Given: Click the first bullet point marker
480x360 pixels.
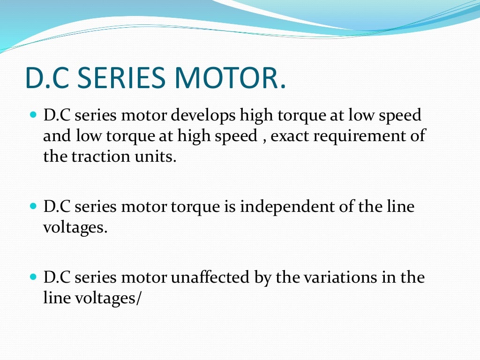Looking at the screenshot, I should pyautogui.click(x=33, y=114).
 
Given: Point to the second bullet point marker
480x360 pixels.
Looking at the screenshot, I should pyautogui.click(x=33, y=206).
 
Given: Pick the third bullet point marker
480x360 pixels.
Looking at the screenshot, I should pyautogui.click(x=33, y=277).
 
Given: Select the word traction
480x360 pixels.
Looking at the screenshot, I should pyautogui.click(x=97, y=157).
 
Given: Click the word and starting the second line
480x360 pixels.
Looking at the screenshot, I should pyautogui.click(x=57, y=136).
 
